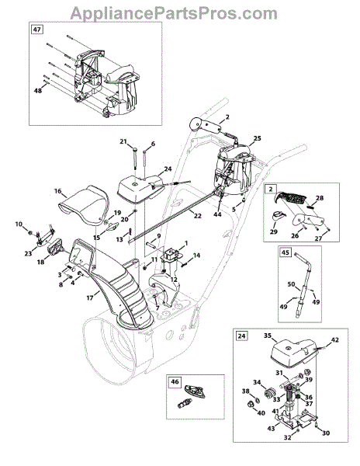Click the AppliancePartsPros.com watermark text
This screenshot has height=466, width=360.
(174, 13)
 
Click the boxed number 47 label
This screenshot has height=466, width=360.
(37, 30)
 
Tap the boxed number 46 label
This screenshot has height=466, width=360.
(175, 381)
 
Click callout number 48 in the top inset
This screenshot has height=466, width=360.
(38, 90)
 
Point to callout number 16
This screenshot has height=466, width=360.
(57, 191)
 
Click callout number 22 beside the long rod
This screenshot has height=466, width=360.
(197, 216)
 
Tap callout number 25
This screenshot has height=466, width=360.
(257, 138)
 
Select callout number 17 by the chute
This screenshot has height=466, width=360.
(90, 297)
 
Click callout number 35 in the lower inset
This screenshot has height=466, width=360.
(268, 336)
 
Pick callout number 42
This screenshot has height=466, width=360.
(334, 339)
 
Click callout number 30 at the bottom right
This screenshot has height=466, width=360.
(326, 433)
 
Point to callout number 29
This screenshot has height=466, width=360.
(274, 231)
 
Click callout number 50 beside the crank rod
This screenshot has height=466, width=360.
(291, 284)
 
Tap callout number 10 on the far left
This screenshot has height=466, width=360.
(19, 224)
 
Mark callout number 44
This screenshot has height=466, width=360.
(217, 214)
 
